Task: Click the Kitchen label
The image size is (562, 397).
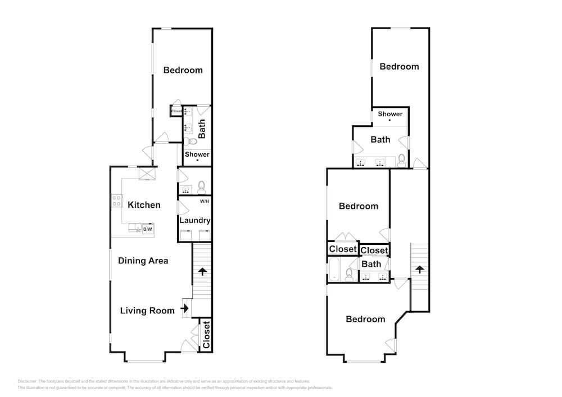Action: [x=144, y=205]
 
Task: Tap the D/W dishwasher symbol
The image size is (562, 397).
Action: [x=148, y=229]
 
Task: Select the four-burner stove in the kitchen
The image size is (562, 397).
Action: [x=117, y=200]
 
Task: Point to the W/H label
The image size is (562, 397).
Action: [x=204, y=201]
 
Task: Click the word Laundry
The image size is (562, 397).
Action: [x=195, y=221]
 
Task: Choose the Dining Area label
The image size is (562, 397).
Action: [x=143, y=261]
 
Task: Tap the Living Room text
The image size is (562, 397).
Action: [x=147, y=311]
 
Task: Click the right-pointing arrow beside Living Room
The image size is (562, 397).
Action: [x=184, y=309]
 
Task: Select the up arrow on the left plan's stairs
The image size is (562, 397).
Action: [x=201, y=272]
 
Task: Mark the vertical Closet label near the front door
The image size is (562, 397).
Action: [x=206, y=335]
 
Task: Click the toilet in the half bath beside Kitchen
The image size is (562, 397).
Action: [x=201, y=188]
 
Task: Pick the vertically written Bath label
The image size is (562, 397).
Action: [x=202, y=129]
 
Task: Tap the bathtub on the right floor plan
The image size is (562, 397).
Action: [x=335, y=269]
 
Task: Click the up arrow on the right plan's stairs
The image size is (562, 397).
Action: [x=419, y=270]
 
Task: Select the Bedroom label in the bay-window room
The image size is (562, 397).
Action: [x=365, y=319]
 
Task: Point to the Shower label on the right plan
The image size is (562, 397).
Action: [x=390, y=114]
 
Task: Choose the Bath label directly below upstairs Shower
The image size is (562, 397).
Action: [x=380, y=139]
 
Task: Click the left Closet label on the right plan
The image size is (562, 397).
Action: [x=343, y=249]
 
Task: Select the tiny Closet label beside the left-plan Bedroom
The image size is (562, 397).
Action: [x=176, y=111]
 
